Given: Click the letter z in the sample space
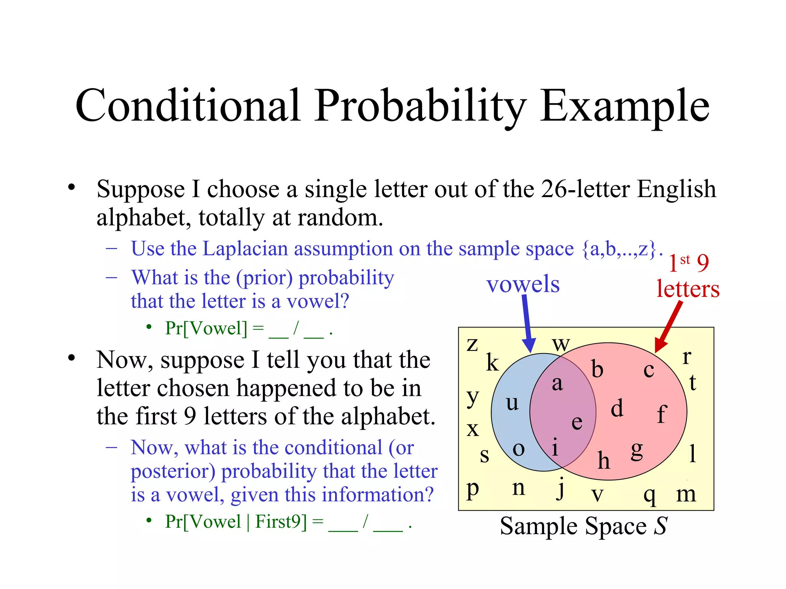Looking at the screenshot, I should (x=472, y=344).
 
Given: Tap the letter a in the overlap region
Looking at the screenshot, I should (x=557, y=383).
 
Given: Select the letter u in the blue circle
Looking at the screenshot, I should (x=512, y=403).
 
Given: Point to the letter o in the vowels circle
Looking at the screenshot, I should (x=518, y=449).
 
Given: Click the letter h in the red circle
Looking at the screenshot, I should (x=603, y=460).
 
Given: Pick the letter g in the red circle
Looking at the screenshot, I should (x=637, y=450).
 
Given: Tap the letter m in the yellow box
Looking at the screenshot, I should (x=686, y=494).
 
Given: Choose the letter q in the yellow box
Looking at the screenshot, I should (x=649, y=496).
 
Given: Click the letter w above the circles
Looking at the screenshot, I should (x=561, y=344).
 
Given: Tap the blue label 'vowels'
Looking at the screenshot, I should (x=523, y=284).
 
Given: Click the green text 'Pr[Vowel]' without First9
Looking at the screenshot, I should (x=206, y=328).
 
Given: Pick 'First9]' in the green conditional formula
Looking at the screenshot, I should (x=281, y=522).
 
